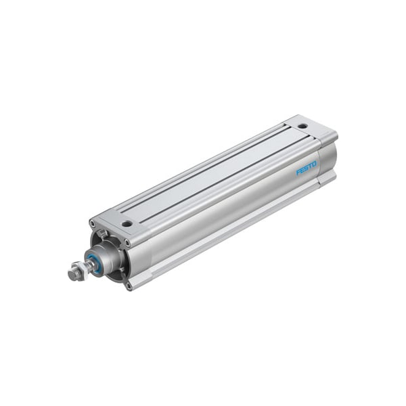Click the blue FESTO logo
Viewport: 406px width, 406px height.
point(307,168)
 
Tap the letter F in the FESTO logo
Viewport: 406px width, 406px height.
point(298,172)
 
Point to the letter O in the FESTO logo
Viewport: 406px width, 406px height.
point(314,164)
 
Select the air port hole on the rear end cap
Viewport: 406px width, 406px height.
point(302,127)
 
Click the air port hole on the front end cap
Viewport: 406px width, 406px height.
point(127,224)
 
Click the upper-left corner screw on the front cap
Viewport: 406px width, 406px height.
point(92,223)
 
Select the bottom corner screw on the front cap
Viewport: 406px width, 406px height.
point(129,286)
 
